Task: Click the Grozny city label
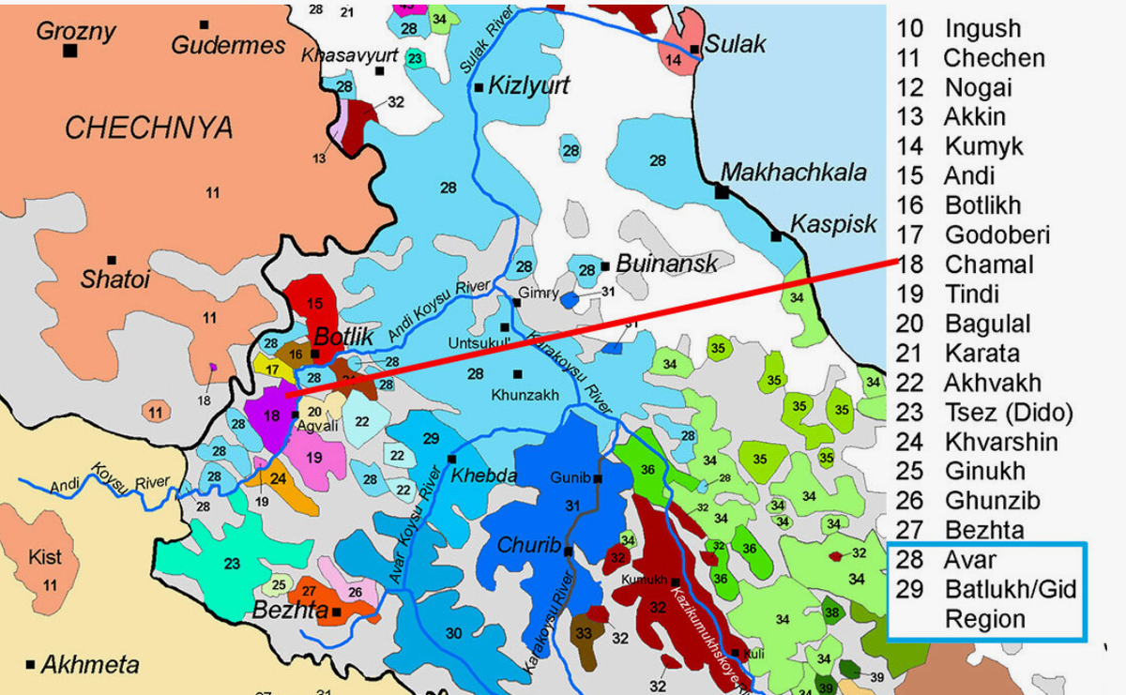(x=76, y=30)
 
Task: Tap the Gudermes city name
(x=228, y=45)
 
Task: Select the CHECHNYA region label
(x=148, y=128)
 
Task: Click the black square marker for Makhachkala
(x=722, y=191)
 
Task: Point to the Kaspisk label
(x=833, y=224)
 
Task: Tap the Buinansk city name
(x=666, y=264)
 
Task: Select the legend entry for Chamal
(x=988, y=264)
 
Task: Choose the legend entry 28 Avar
(x=970, y=560)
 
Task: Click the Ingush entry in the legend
(x=981, y=28)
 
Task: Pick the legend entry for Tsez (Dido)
(x=1008, y=412)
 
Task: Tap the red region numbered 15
(x=314, y=302)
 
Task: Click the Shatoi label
(x=115, y=280)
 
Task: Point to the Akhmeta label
(x=90, y=665)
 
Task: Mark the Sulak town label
(x=736, y=43)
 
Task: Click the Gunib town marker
(x=598, y=478)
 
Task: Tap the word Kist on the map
(x=45, y=557)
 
